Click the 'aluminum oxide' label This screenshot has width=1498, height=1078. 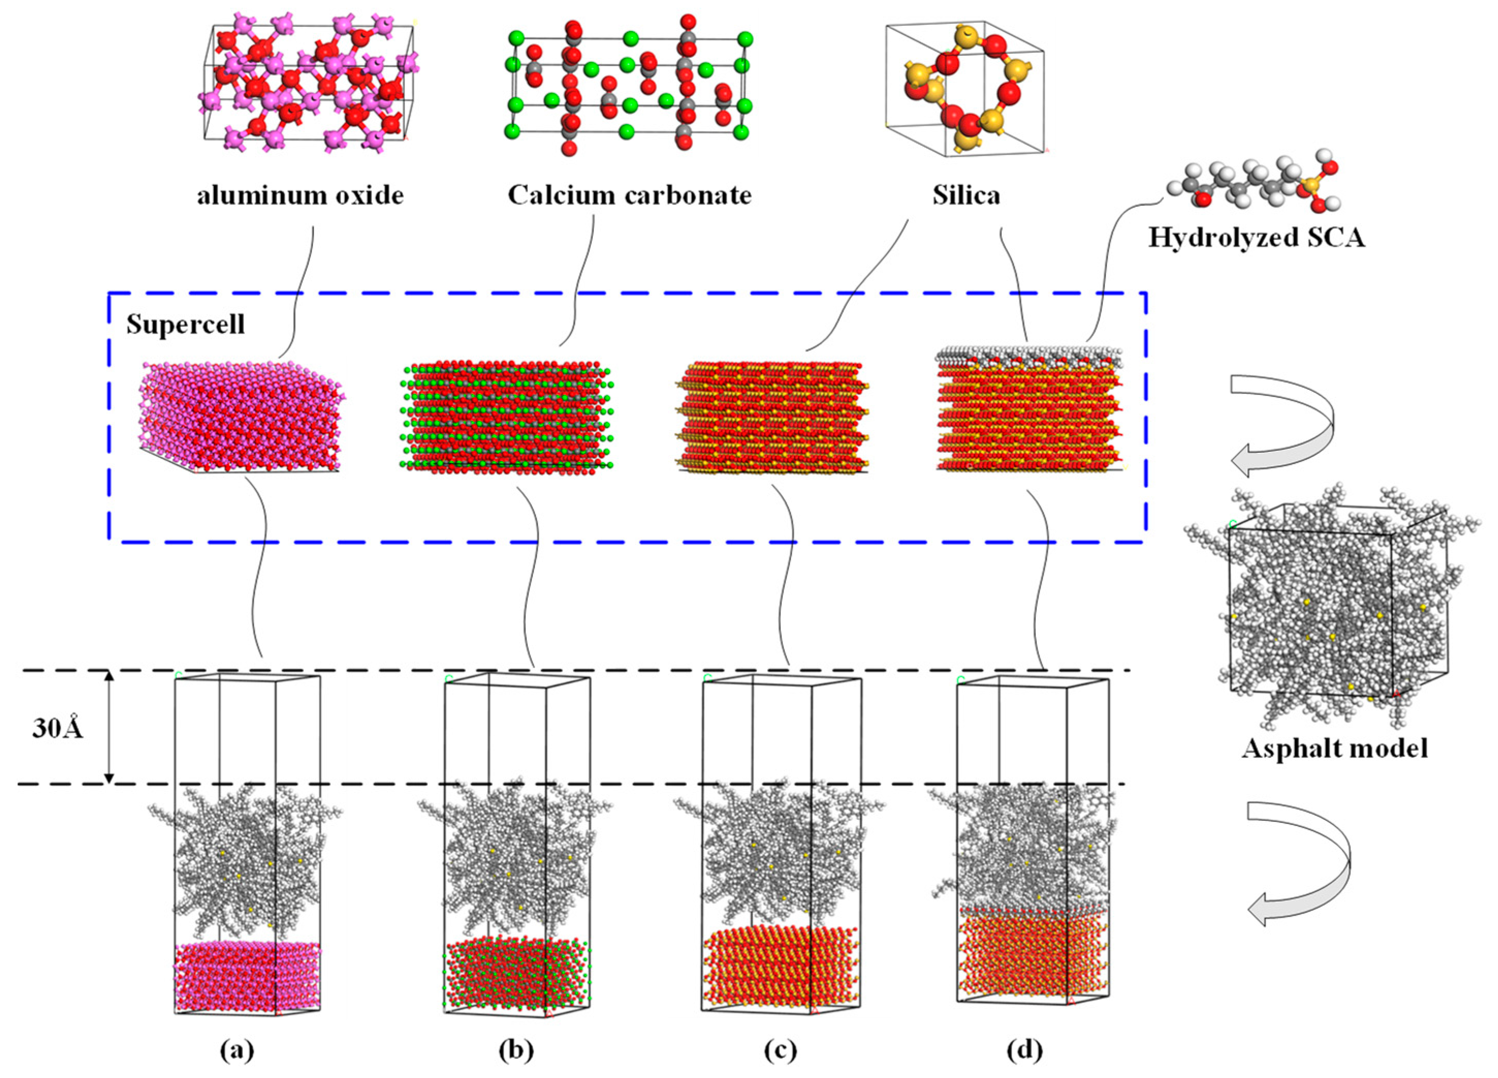click(x=300, y=196)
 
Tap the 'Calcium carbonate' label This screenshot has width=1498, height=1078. click(x=629, y=196)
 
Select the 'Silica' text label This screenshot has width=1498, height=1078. click(x=966, y=196)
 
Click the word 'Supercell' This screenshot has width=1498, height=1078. click(x=186, y=324)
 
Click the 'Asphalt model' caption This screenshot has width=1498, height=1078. click(x=1335, y=749)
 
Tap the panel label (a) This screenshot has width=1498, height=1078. click(x=237, y=1050)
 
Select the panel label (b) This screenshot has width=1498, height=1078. click(x=516, y=1050)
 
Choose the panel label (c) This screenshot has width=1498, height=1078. click(x=780, y=1050)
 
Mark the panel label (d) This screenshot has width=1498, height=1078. click(x=1025, y=1050)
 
